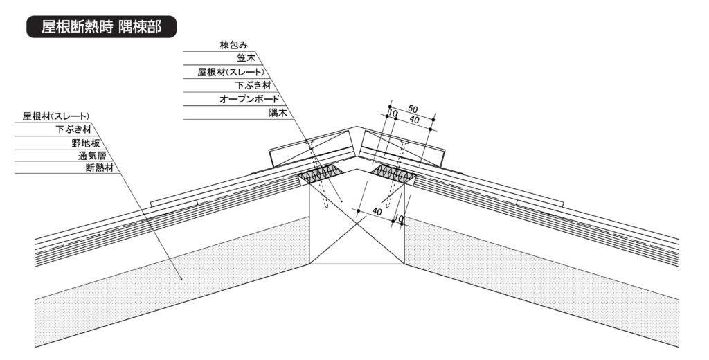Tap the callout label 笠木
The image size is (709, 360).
click(246, 58)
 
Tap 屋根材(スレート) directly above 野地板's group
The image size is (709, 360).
click(57, 116)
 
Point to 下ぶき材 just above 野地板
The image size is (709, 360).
click(73, 129)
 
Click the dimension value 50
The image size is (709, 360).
click(413, 109)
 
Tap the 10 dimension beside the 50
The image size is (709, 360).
click(393, 113)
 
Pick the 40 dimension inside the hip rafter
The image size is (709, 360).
click(377, 210)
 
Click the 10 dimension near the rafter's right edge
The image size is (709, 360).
click(397, 219)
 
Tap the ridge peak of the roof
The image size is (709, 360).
click(357, 127)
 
